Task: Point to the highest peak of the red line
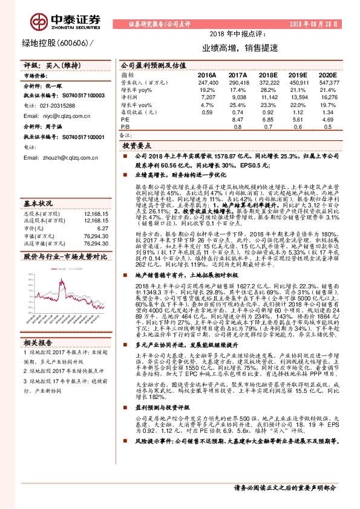point(63,280)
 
